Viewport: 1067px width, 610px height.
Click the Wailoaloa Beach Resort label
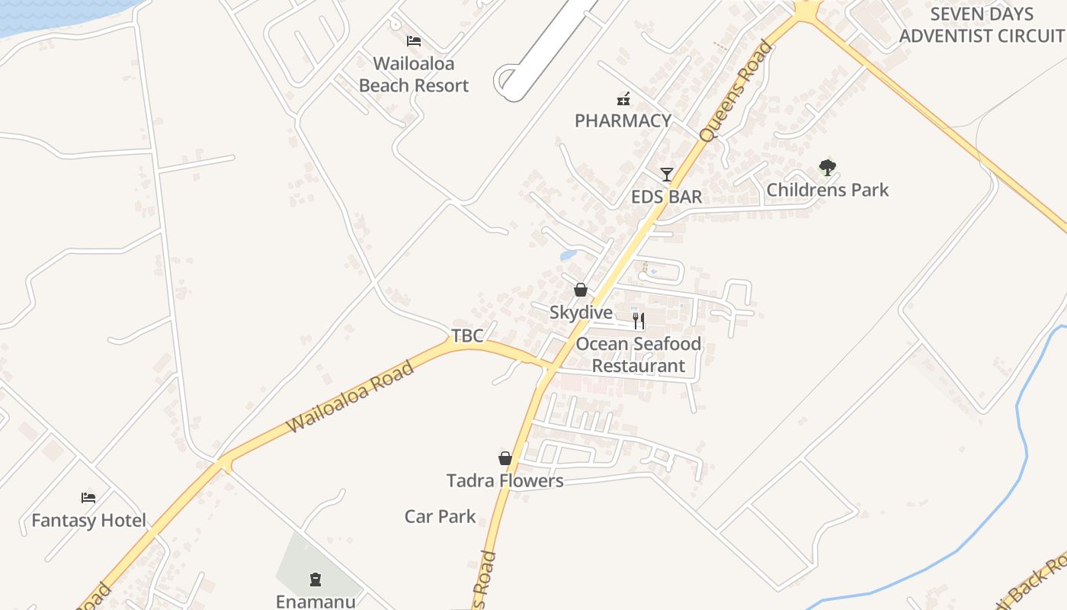pyautogui.click(x=414, y=75)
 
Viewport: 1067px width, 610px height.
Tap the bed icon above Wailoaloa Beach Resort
pyautogui.click(x=414, y=41)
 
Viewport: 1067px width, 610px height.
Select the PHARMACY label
pyautogui.click(x=623, y=120)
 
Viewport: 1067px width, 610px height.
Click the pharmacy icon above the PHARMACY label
pyautogui.click(x=623, y=98)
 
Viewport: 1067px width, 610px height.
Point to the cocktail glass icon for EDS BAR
pyautogui.click(x=667, y=175)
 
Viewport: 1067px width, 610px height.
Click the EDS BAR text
pyautogui.click(x=666, y=197)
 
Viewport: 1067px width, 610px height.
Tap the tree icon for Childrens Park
pyautogui.click(x=828, y=167)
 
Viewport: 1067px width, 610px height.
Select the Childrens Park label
pyautogui.click(x=828, y=190)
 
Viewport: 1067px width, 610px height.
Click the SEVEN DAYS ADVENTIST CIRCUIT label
pyautogui.click(x=982, y=24)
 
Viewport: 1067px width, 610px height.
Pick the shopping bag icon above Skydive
pyautogui.click(x=581, y=290)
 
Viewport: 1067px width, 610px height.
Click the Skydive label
pyautogui.click(x=581, y=313)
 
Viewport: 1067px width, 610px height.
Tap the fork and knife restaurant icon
pyautogui.click(x=639, y=321)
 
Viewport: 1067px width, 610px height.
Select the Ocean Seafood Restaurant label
pyautogui.click(x=639, y=355)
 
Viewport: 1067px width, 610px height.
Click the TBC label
pyautogui.click(x=467, y=335)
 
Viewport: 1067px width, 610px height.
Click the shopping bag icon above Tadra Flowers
pyautogui.click(x=505, y=458)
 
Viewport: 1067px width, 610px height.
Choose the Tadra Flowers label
pyautogui.click(x=505, y=480)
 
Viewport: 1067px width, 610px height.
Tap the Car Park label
pyautogui.click(x=440, y=516)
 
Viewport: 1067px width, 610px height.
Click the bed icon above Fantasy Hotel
pyautogui.click(x=88, y=498)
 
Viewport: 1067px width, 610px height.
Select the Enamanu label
pyautogui.click(x=316, y=601)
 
